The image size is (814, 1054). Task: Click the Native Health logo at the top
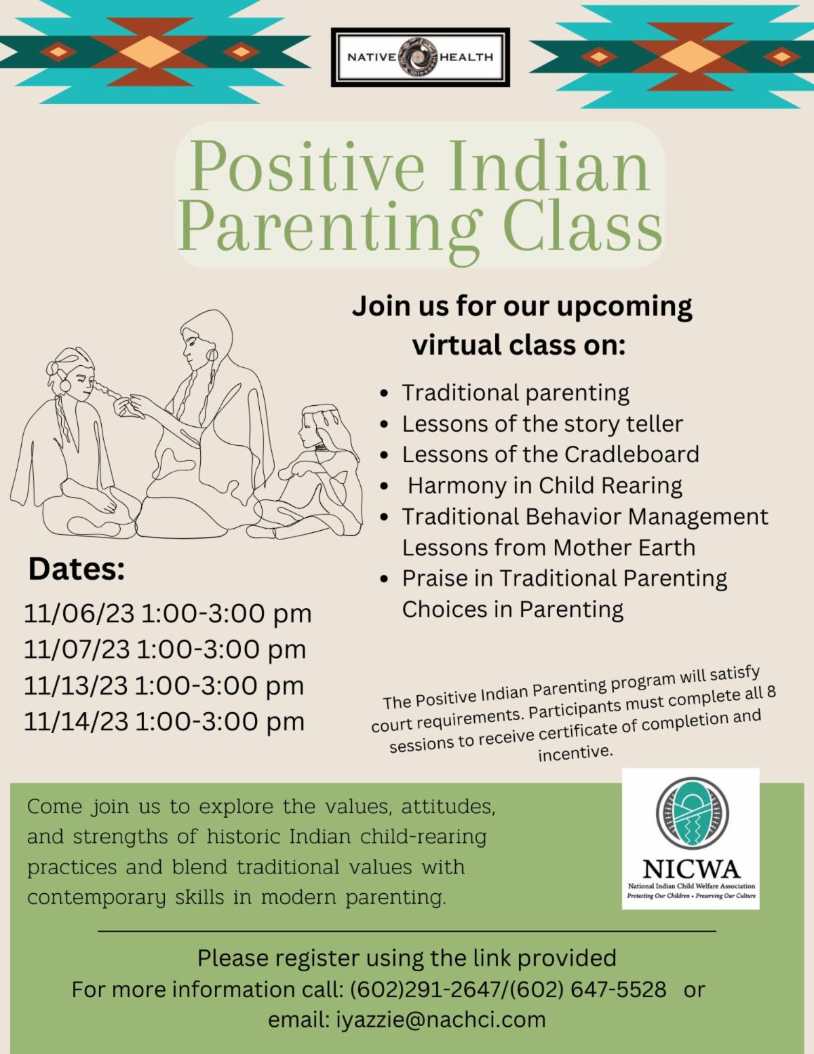[420, 57]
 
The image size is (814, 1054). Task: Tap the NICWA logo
[690, 838]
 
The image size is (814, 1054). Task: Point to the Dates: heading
[77, 569]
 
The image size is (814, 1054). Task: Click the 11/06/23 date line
[168, 613]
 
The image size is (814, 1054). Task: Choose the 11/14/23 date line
[164, 721]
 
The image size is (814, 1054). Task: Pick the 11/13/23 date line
[164, 685]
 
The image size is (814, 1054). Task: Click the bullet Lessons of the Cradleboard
[550, 454]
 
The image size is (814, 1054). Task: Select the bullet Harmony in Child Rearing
[545, 485]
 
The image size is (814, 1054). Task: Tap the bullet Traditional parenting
[516, 392]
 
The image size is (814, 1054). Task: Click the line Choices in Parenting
[512, 609]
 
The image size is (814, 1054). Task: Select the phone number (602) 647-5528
[587, 990]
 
